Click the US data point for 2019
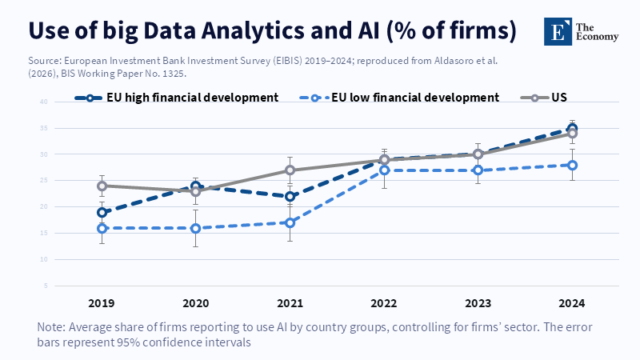(102, 186)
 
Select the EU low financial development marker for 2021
(290, 222)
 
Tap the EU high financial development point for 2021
(290, 196)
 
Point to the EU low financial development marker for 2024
(573, 165)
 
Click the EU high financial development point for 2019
(102, 212)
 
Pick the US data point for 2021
(290, 170)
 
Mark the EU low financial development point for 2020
(196, 228)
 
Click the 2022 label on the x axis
(384, 303)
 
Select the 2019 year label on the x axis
(102, 303)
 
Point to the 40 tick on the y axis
(45, 102)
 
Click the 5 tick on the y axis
(46, 286)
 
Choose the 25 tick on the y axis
(45, 181)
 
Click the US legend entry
(559, 98)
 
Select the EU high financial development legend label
(192, 98)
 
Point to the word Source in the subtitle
(45, 60)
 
